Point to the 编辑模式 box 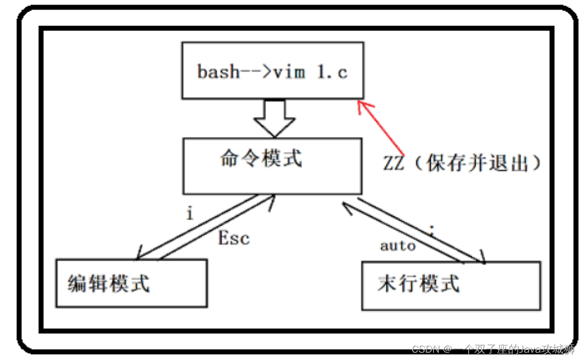coord(131,283)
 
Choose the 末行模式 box coord(451,284)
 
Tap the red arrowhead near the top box coord(363,107)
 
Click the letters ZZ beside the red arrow coord(394,164)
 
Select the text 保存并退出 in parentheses coord(476,164)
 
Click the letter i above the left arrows coord(189,213)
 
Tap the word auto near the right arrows coord(398,246)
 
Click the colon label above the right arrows coord(431,229)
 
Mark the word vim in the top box coord(287,72)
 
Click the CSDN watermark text coord(424,349)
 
